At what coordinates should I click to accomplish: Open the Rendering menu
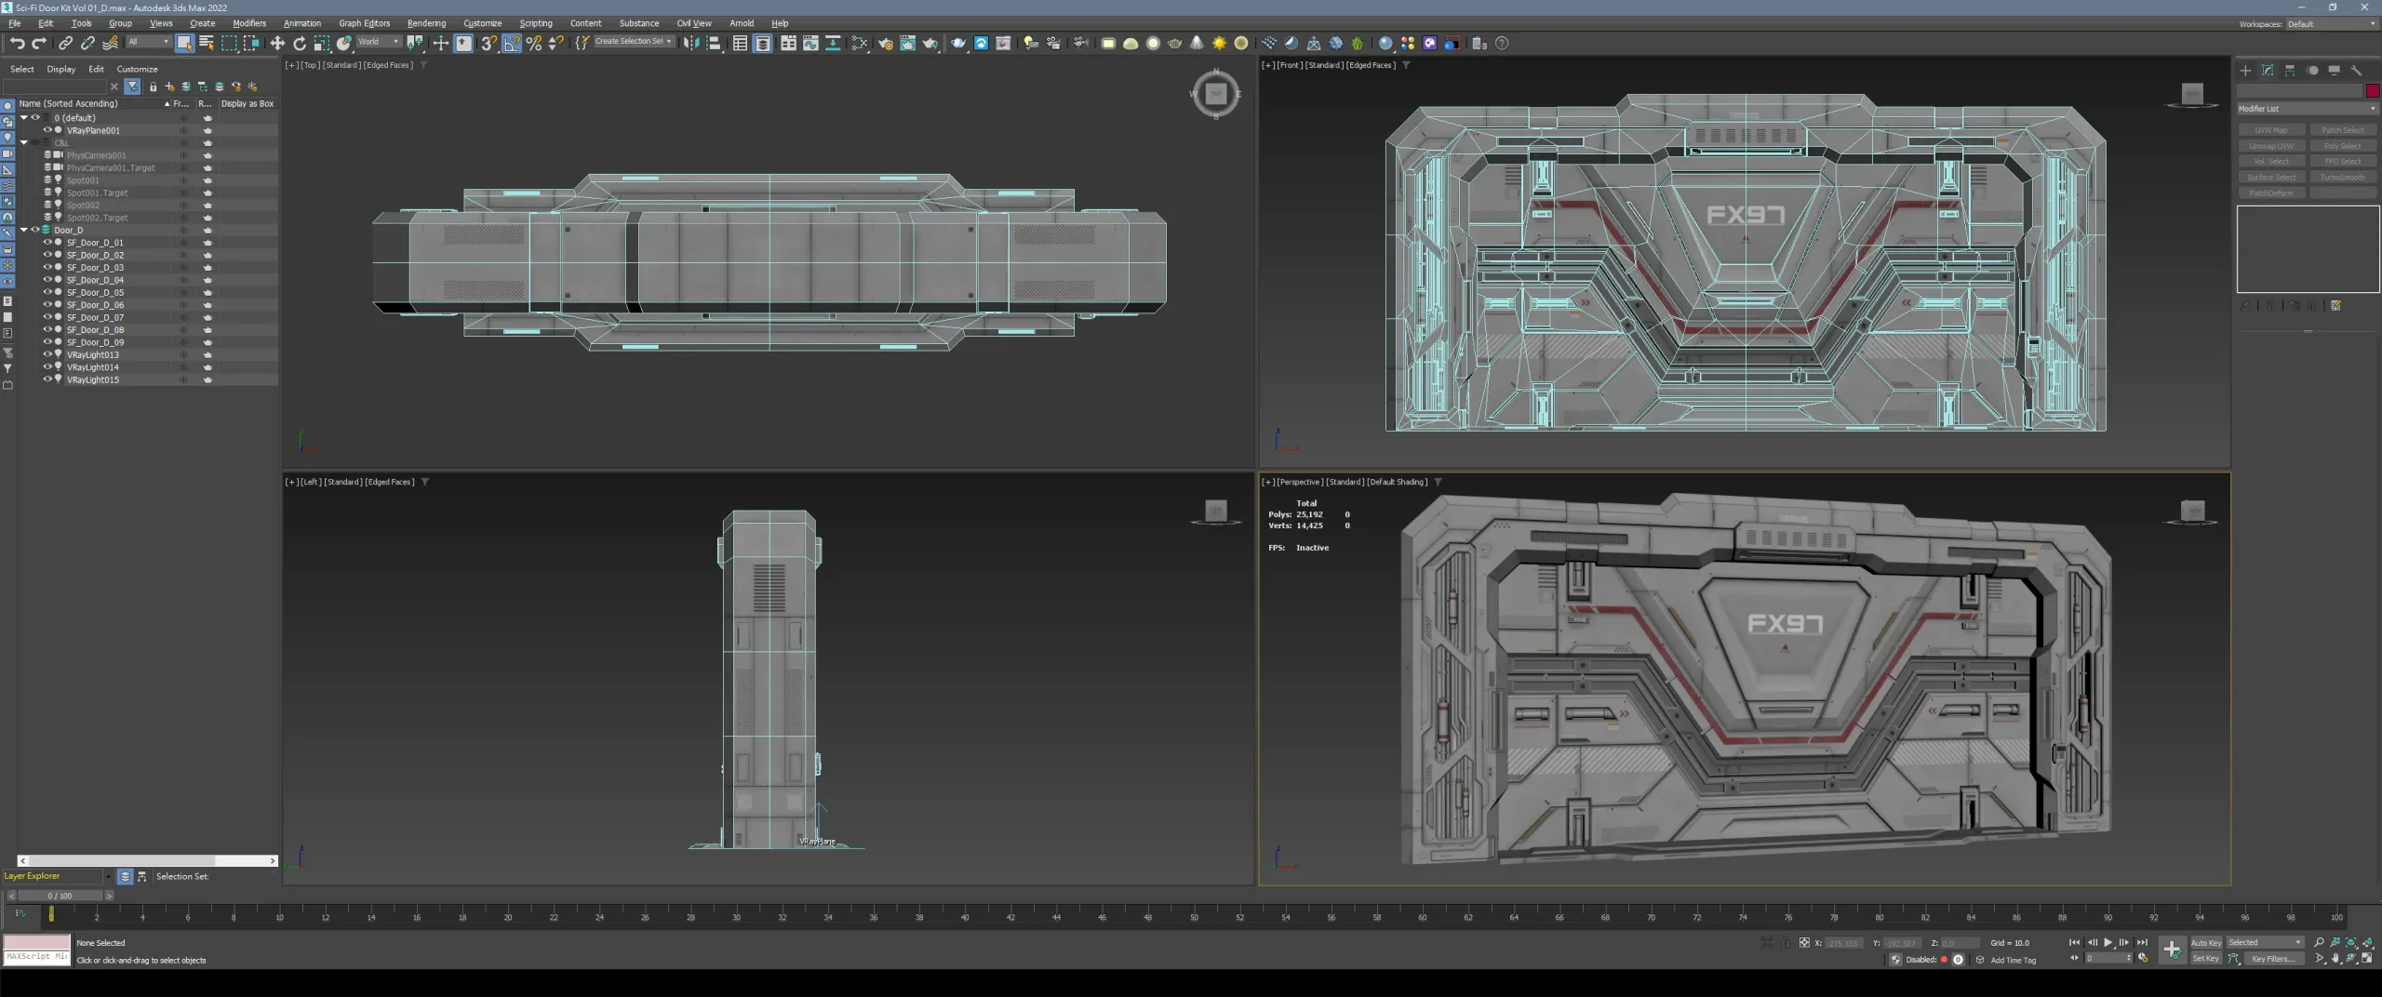[x=426, y=23]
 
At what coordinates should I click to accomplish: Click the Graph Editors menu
[x=364, y=23]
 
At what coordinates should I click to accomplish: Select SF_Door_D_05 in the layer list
[x=95, y=292]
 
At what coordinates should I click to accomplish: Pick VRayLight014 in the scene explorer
[x=93, y=367]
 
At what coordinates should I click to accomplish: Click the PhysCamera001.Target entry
[x=111, y=168]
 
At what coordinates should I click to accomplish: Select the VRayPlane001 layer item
[x=93, y=130]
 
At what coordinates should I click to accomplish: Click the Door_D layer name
[x=68, y=230]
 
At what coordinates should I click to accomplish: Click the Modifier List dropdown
[x=2306, y=109]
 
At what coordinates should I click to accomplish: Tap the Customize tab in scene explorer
[x=137, y=69]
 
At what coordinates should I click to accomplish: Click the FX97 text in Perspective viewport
[x=1785, y=623]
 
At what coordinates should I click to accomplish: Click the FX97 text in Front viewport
[x=1746, y=216]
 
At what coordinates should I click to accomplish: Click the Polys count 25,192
[x=1309, y=514]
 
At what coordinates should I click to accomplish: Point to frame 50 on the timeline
[x=1194, y=917]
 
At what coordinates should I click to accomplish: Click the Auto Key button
[x=2205, y=942]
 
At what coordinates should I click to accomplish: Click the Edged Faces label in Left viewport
[x=390, y=482]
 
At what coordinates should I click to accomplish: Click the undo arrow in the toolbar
[x=17, y=43]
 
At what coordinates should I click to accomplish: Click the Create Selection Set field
[x=630, y=42]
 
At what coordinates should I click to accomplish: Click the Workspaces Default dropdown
[x=2330, y=24]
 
